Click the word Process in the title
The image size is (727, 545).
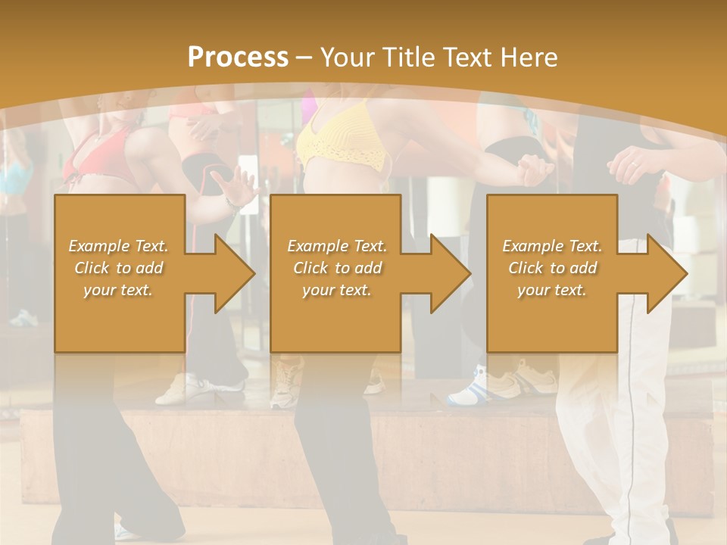[x=238, y=58]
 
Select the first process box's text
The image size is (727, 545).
[x=119, y=268]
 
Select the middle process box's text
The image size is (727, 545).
[x=337, y=268]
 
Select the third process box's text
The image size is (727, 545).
[x=552, y=268]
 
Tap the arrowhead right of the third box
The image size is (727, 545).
[x=666, y=273]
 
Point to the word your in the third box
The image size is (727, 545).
[x=535, y=290]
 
